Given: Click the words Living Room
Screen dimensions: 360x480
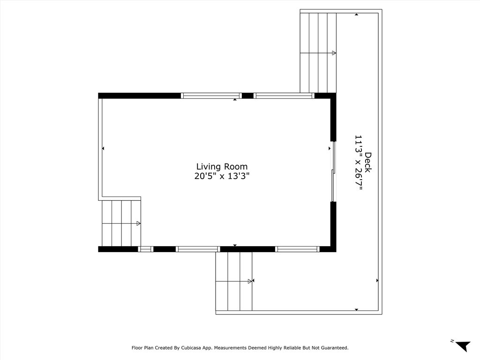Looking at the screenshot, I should point(222,166).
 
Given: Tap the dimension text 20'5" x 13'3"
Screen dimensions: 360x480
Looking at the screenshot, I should point(222,176).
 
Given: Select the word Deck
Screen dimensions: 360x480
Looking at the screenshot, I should point(368,162).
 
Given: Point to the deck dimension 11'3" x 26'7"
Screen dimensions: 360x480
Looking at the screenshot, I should point(359,165).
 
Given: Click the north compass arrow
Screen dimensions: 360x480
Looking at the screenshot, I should point(463,346).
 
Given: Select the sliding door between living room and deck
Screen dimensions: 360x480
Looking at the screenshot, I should point(334,171).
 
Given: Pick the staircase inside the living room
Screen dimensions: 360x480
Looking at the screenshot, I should point(121,223).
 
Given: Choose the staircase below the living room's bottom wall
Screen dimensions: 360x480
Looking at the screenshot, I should point(233,281).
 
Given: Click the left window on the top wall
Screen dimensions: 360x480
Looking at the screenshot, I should point(211,96).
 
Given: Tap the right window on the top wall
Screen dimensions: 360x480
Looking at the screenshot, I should point(284,96).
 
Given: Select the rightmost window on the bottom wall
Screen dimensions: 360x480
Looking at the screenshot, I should point(297,249).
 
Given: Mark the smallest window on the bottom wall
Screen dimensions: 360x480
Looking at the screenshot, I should point(146,249).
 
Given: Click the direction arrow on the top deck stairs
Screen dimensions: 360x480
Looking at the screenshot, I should point(334,53).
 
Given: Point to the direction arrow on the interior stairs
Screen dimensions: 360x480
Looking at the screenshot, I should point(138,224).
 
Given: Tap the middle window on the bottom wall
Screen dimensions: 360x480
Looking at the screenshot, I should point(198,249).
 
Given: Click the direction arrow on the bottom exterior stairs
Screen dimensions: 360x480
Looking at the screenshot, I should point(250,281).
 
